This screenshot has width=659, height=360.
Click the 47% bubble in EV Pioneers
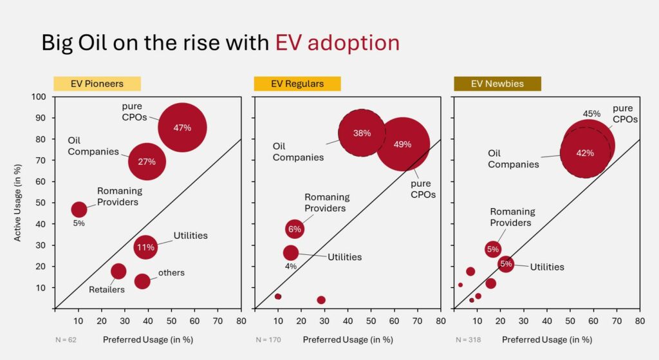(182, 128)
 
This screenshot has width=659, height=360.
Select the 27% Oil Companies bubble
(147, 161)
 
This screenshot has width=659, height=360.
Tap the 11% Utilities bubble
(145, 247)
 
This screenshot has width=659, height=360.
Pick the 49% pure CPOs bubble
(403, 144)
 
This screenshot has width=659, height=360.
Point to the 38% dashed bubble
(362, 133)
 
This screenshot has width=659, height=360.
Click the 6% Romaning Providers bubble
(294, 229)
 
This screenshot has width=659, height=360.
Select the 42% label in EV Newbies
(585, 153)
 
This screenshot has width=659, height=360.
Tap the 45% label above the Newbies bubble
(591, 114)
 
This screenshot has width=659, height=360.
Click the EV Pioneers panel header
(97, 84)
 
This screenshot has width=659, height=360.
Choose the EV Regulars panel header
(297, 84)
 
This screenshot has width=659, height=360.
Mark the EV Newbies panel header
(497, 84)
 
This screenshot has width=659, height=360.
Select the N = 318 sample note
(469, 339)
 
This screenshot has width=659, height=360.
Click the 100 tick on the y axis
(40, 97)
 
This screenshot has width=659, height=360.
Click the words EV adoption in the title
(337, 43)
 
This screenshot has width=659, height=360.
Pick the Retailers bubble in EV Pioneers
(118, 271)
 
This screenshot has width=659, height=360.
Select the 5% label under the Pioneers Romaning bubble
(79, 223)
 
